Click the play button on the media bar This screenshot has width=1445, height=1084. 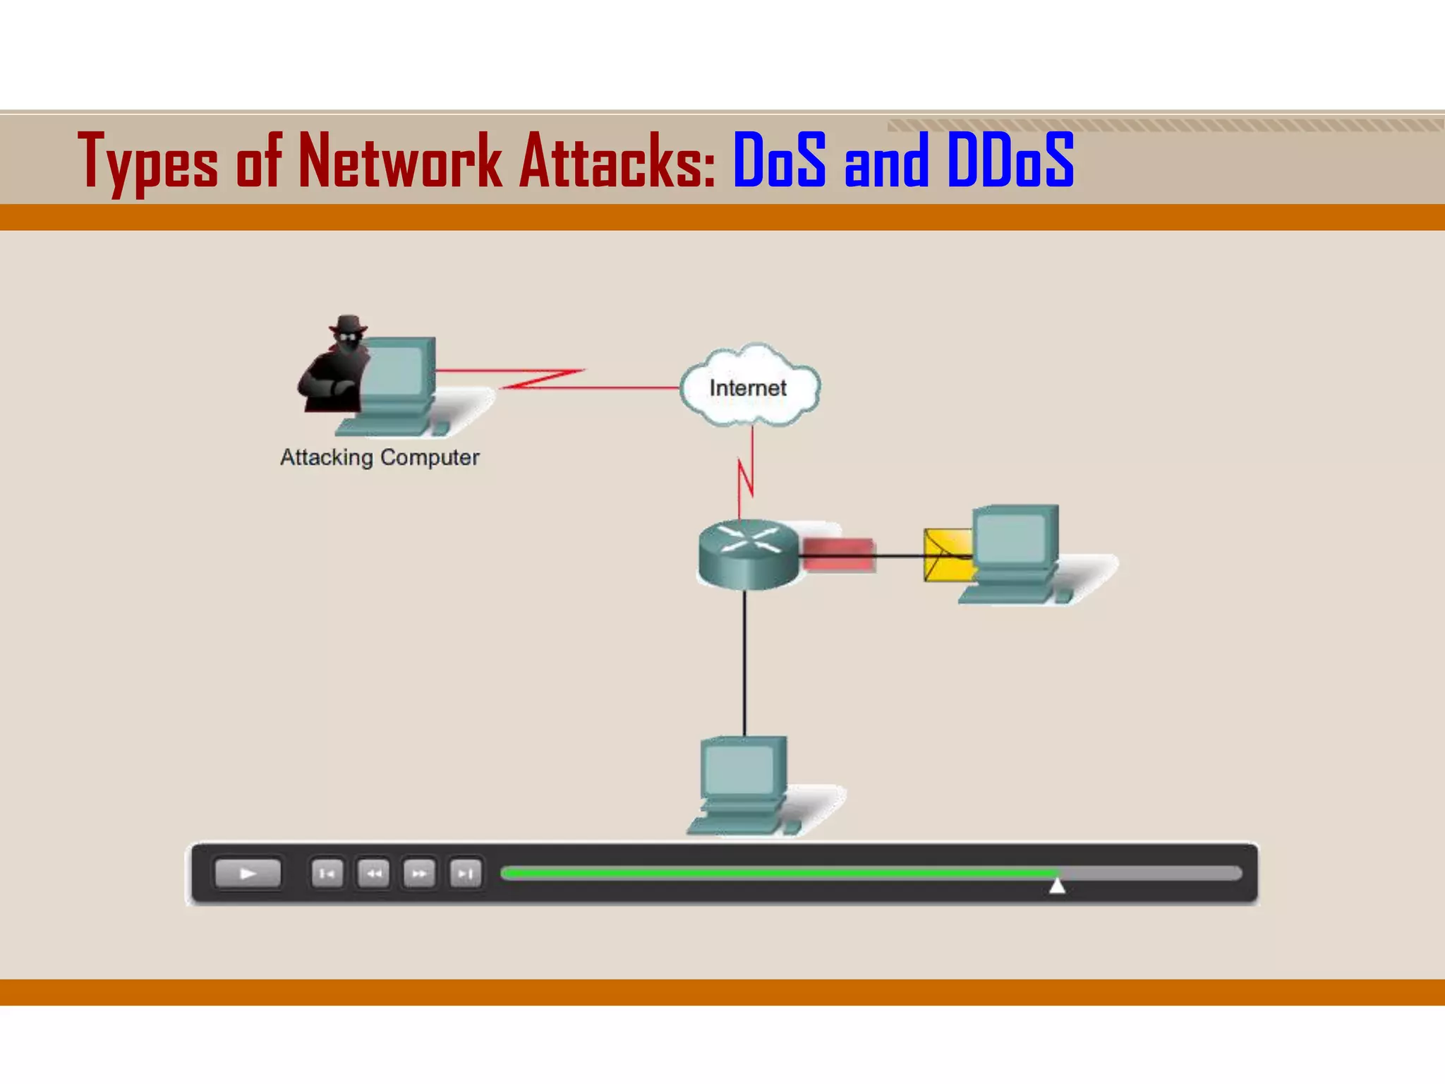[247, 874]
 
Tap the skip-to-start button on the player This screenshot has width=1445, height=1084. [327, 874]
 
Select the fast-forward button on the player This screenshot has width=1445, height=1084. [419, 874]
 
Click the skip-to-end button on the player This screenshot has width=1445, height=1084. [465, 874]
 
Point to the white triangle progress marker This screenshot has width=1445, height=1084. [1056, 885]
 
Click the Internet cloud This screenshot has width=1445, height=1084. [749, 387]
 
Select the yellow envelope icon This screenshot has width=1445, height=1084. [945, 555]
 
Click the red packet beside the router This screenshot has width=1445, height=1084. [838, 553]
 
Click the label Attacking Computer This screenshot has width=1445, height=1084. [380, 457]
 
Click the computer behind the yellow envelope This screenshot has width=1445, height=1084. [1016, 553]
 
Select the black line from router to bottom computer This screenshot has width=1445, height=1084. [744, 663]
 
